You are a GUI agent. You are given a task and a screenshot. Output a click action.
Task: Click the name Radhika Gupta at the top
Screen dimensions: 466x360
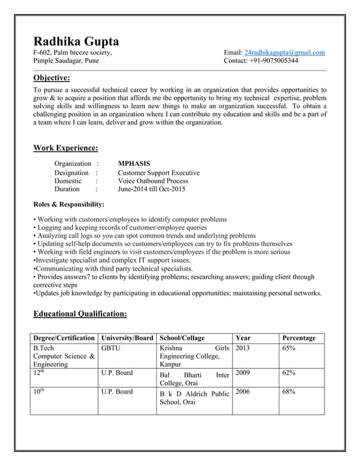[76, 41]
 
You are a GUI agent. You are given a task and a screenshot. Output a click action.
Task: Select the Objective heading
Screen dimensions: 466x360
[52, 78]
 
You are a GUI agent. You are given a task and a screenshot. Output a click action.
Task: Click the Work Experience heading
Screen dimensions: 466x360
[65, 148]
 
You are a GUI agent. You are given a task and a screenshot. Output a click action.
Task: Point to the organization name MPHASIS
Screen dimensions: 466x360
[134, 164]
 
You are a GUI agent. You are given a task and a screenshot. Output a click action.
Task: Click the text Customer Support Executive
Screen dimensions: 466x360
[159, 173]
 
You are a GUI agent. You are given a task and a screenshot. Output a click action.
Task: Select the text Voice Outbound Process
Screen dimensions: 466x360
[153, 181]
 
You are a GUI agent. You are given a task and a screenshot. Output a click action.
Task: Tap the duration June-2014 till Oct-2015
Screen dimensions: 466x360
[151, 190]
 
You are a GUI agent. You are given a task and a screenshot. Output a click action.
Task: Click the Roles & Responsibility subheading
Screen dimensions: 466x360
[69, 204]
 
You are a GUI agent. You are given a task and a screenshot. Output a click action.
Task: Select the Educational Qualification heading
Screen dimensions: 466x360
[80, 314]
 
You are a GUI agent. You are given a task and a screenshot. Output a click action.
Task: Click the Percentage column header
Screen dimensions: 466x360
[298, 338]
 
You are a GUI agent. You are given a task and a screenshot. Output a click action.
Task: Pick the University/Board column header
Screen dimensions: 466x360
[127, 338]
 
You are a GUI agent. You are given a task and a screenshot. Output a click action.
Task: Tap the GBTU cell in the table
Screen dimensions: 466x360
[111, 349]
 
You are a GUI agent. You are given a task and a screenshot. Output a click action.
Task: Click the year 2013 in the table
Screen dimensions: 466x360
[243, 349]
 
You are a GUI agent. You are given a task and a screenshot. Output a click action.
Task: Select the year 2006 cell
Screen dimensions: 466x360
[243, 392]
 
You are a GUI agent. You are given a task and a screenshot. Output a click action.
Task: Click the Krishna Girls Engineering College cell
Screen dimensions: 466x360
[194, 357]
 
